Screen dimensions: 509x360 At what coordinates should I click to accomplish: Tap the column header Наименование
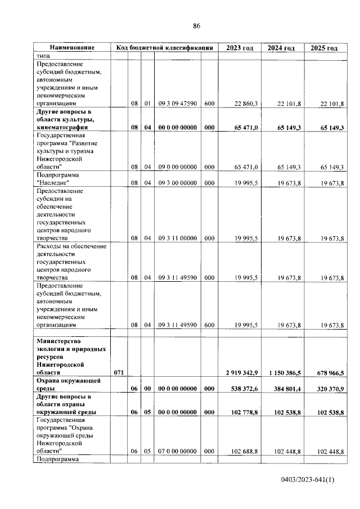71,48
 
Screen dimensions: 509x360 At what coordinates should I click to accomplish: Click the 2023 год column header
240,48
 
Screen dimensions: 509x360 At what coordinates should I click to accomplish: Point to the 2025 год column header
324,48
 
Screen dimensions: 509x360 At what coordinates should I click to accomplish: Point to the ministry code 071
118,372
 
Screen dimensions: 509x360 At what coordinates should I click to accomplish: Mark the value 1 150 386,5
281,372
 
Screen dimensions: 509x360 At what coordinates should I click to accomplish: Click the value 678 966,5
326,372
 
